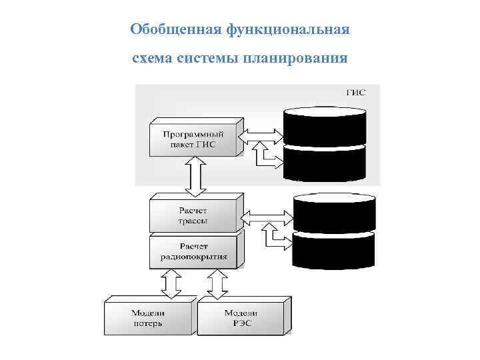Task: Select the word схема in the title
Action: point(153,59)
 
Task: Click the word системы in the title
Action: point(212,59)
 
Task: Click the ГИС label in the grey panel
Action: point(355,93)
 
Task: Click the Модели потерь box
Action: point(148,319)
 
